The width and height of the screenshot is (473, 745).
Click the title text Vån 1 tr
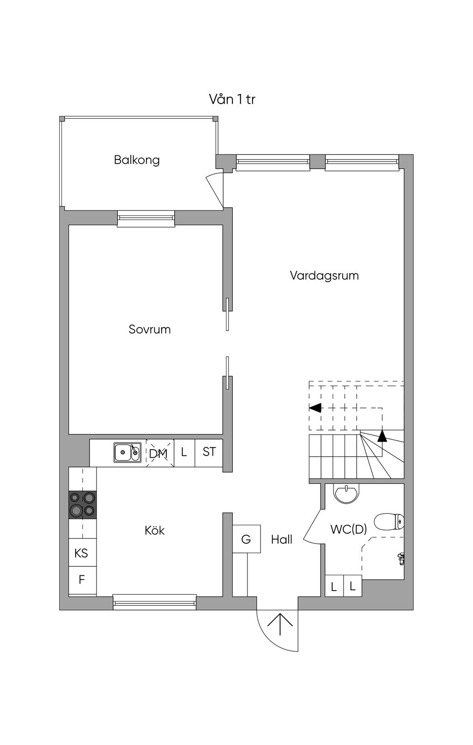point(232,99)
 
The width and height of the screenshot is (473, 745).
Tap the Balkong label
point(137,160)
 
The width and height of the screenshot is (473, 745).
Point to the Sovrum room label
point(150,329)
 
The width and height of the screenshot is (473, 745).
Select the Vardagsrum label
point(324,275)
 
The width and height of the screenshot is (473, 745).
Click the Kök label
point(154,530)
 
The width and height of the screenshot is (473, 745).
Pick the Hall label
point(282,540)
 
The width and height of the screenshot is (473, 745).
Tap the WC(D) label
point(349,529)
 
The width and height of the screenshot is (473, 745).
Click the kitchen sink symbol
point(127,452)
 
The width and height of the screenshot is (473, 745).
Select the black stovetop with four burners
point(82,505)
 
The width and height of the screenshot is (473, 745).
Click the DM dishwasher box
point(160,453)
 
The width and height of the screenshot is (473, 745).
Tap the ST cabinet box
point(209,453)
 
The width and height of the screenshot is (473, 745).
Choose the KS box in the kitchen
point(82,553)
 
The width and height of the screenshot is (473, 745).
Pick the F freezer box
point(82,580)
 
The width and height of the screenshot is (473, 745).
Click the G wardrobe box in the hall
point(246,539)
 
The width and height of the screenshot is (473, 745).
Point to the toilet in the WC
point(389,522)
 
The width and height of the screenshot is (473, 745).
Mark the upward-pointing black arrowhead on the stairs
point(382,436)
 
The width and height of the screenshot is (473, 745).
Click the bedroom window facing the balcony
point(146,219)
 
